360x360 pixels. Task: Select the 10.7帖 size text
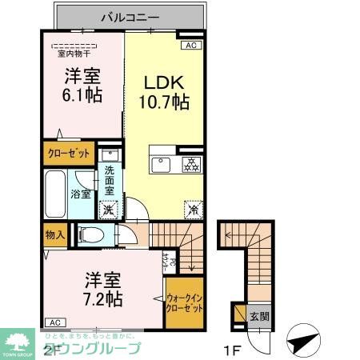(166, 102)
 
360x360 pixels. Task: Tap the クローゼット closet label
(69, 152)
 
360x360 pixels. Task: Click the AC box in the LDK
(190, 46)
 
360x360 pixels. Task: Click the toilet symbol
(92, 234)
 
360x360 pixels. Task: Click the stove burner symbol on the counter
(190, 165)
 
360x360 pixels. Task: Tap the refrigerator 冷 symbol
(192, 208)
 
